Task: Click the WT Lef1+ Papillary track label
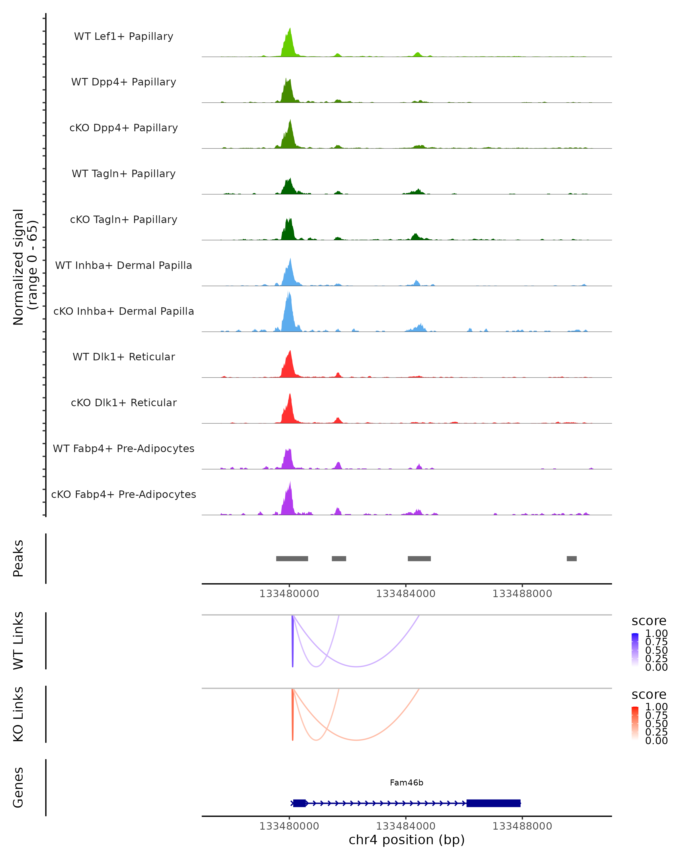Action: [124, 36]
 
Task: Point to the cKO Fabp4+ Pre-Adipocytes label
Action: [124, 494]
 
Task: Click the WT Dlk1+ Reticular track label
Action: [124, 357]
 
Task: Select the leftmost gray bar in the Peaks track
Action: [292, 558]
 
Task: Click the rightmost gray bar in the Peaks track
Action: [572, 558]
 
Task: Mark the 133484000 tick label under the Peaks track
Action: [406, 594]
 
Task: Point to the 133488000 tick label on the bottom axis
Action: [522, 826]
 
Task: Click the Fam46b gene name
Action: [406, 783]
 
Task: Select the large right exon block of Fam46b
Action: [493, 803]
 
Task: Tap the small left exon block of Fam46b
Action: [300, 803]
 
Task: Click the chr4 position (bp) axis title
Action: [406, 840]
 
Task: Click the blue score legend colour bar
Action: [635, 649]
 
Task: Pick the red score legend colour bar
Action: [635, 723]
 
